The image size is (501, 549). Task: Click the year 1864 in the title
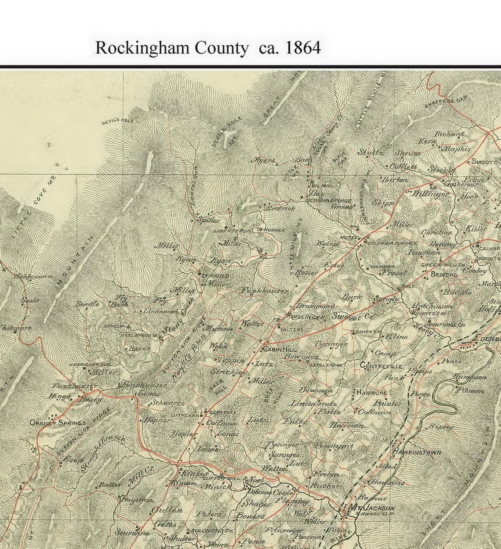(303, 48)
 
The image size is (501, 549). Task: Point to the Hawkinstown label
(417, 452)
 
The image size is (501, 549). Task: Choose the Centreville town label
(381, 366)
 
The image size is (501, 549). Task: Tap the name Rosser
(306, 273)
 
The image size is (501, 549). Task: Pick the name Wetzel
(328, 243)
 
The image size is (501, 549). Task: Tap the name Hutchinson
(432, 306)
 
